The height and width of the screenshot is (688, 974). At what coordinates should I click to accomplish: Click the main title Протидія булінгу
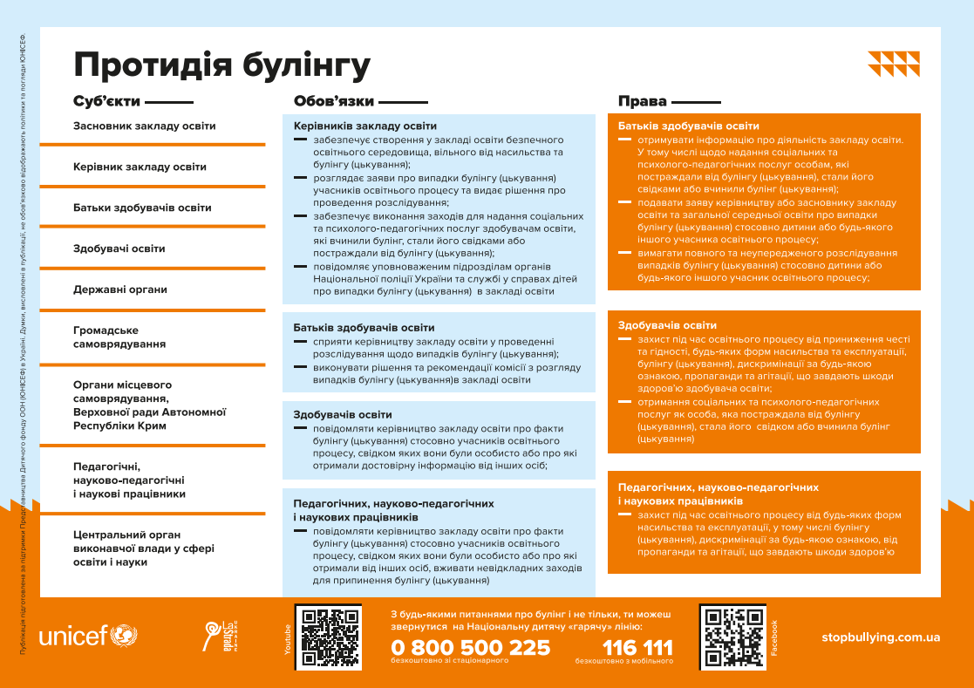(x=221, y=65)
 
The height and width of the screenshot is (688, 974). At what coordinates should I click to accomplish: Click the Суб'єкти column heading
(x=106, y=101)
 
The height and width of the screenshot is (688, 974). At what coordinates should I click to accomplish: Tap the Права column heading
(x=642, y=101)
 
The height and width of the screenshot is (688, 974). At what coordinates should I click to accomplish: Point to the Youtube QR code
(x=328, y=637)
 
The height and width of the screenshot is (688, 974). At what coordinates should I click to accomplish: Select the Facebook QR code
(x=732, y=637)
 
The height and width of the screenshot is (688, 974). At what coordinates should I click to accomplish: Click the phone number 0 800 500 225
(x=471, y=648)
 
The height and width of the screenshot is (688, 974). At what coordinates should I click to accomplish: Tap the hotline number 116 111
(x=637, y=648)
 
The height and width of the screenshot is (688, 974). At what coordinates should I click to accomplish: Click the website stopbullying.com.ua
(x=881, y=637)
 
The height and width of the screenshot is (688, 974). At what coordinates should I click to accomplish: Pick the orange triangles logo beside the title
(x=894, y=64)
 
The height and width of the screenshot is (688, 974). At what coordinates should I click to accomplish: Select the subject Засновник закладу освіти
(x=145, y=126)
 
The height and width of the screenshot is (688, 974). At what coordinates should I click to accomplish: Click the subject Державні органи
(x=120, y=290)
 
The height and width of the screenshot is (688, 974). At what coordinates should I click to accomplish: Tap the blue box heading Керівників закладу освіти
(x=365, y=126)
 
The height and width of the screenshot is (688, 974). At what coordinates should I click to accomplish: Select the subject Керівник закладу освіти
(x=140, y=167)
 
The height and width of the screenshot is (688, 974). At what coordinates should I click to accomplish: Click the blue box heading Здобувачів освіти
(x=343, y=414)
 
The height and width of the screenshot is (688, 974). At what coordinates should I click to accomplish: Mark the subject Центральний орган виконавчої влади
(x=143, y=548)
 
